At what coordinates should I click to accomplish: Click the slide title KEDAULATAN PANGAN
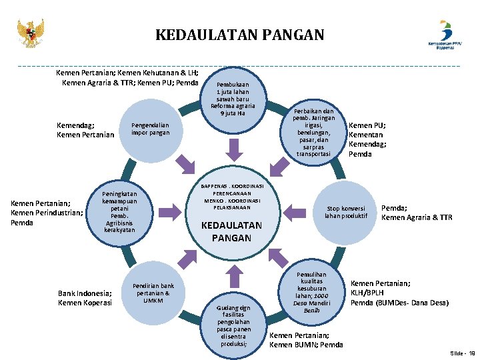[240, 35]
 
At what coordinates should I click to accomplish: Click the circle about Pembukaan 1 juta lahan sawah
[233, 99]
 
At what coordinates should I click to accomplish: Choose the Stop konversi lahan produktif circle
[346, 211]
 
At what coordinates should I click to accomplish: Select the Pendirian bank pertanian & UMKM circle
[153, 292]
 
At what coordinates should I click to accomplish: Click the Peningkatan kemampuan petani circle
[119, 211]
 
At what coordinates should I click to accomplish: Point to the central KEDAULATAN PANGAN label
[232, 231]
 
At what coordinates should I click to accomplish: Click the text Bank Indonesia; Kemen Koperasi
[85, 298]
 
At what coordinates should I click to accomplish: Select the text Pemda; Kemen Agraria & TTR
[416, 212]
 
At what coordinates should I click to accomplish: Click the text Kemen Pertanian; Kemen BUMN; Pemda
[306, 340]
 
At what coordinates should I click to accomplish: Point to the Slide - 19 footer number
[462, 353]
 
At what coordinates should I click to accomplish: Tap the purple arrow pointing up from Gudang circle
[233, 274]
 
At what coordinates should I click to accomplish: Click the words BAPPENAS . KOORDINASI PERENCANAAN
[233, 189]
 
